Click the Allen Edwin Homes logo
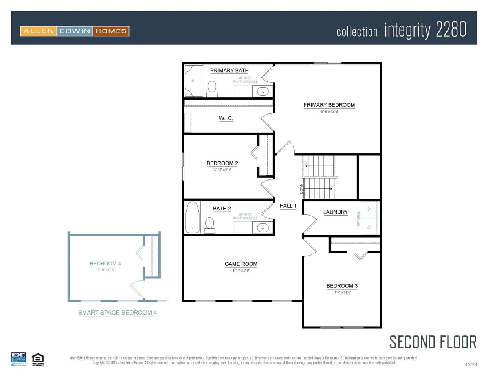click(75, 31)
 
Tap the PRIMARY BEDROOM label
click(329, 105)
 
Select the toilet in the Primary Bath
click(212, 88)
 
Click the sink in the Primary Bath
click(262, 92)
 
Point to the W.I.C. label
click(226, 118)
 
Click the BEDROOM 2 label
click(222, 163)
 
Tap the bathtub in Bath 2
click(192, 217)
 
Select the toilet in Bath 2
click(209, 225)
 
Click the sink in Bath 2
click(262, 228)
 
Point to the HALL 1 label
click(288, 206)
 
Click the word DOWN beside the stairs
click(301, 188)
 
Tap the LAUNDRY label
click(335, 212)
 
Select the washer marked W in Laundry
click(369, 209)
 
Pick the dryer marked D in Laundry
click(369, 227)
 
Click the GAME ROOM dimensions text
click(240, 271)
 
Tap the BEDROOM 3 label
click(342, 286)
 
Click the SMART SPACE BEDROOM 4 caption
click(117, 313)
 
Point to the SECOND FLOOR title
click(433, 342)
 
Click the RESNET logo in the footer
click(18, 359)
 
